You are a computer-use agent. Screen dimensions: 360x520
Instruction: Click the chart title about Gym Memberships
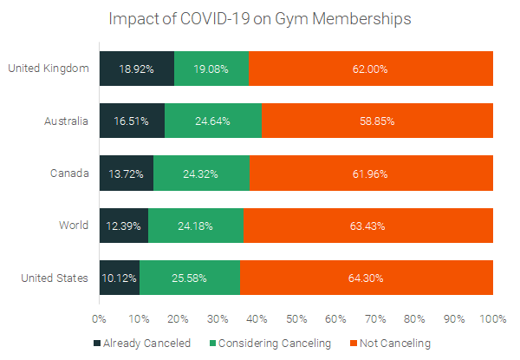(x=260, y=18)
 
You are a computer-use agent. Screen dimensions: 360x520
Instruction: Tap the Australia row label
(x=65, y=121)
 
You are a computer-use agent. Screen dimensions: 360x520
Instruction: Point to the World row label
(x=73, y=226)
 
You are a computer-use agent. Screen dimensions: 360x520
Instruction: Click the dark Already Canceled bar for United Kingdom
(x=137, y=69)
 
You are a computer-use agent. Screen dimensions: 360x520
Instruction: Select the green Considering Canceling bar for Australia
(x=212, y=121)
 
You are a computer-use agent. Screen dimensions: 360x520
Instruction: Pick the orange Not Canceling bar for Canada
(x=371, y=173)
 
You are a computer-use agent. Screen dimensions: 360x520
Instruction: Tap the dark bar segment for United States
(x=120, y=278)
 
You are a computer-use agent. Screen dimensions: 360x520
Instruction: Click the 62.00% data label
(x=371, y=69)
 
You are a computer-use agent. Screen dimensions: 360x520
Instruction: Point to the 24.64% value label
(x=212, y=121)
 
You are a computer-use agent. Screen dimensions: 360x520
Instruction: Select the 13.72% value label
(x=127, y=173)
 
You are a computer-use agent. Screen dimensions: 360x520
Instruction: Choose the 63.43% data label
(x=367, y=226)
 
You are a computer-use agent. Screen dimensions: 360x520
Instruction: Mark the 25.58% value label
(x=189, y=278)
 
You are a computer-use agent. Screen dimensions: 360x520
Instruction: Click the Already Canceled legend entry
(x=142, y=344)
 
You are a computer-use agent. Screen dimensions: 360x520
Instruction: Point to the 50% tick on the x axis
(x=296, y=318)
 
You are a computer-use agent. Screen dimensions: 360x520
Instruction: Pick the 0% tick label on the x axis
(x=100, y=318)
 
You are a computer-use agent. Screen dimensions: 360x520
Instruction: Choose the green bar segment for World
(x=196, y=226)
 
